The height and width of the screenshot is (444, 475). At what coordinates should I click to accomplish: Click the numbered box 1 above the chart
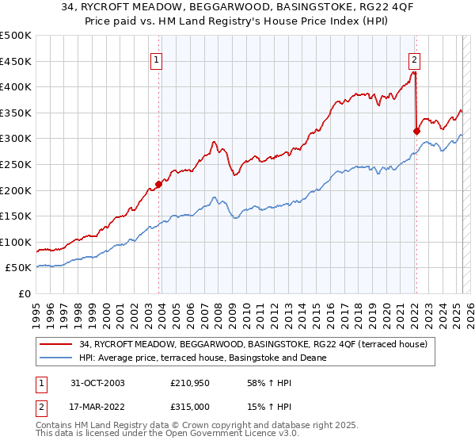coord(157,59)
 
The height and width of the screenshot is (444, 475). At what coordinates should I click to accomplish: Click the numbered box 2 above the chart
coord(414,59)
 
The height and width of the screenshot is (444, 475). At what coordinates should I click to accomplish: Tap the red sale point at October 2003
coord(159,184)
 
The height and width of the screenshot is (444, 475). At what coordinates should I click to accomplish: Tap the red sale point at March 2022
coord(416,131)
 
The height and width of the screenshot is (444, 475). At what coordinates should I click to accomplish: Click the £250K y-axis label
coord(17,164)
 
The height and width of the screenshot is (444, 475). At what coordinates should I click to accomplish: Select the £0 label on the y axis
coord(25,294)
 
